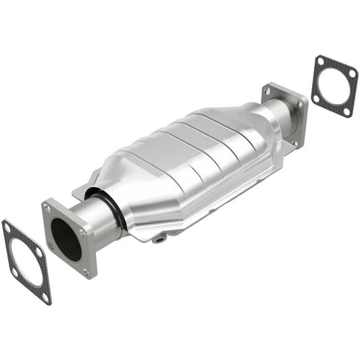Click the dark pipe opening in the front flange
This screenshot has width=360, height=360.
coord(66,239)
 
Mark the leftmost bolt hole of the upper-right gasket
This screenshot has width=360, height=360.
coord(315,98)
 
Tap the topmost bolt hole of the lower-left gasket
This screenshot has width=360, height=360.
coord(7,229)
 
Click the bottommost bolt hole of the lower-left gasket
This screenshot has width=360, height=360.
coord(45,296)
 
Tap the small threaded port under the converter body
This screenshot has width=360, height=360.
coord(159,238)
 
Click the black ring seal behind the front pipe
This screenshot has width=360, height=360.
coord(111,209)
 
